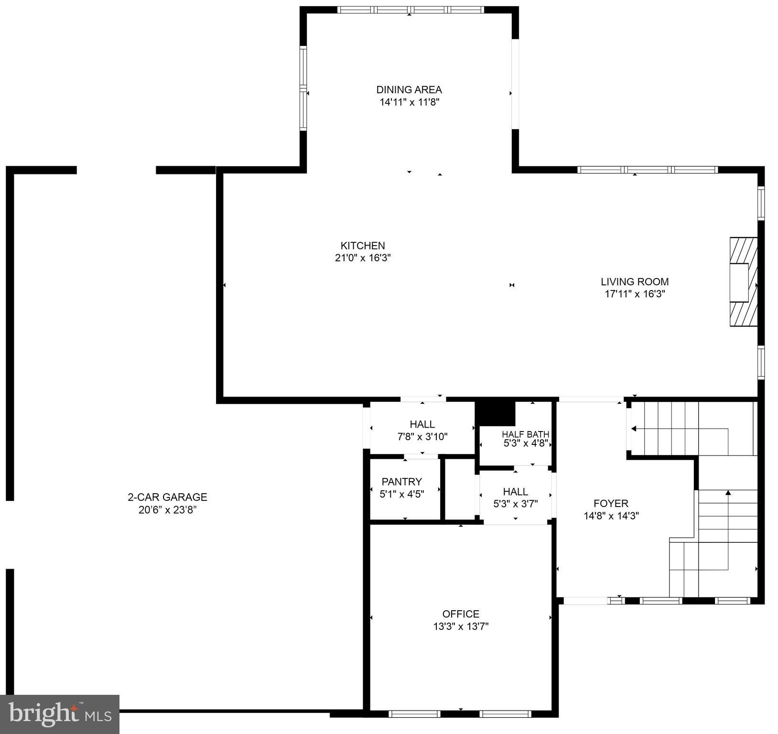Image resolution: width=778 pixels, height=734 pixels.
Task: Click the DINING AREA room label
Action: (x=409, y=89)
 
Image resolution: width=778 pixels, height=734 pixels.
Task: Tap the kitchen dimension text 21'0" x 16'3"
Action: (x=363, y=258)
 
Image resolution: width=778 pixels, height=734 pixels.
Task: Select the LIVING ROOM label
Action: (x=635, y=281)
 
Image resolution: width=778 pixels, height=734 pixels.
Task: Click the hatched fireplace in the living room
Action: (x=743, y=282)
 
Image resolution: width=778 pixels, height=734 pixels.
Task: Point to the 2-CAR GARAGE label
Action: (x=167, y=497)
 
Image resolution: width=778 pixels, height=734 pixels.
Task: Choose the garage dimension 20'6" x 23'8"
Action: (x=167, y=510)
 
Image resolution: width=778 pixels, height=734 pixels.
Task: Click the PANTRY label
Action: (x=401, y=482)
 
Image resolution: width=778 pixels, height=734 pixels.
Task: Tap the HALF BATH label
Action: (x=525, y=434)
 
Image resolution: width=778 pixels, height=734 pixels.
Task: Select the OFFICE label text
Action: (x=461, y=614)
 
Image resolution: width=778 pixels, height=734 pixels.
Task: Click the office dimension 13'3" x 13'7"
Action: (x=461, y=626)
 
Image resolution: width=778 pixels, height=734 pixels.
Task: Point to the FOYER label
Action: (x=611, y=503)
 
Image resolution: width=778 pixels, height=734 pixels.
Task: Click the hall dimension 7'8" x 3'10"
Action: (x=422, y=436)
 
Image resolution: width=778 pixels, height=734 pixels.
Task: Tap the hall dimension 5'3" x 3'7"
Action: (x=515, y=504)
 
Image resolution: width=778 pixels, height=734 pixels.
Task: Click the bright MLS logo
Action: (x=60, y=714)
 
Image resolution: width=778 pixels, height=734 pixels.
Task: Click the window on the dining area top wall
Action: (x=411, y=10)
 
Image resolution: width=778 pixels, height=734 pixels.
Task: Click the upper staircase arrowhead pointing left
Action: (x=634, y=429)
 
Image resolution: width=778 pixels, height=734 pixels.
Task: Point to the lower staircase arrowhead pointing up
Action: (x=728, y=492)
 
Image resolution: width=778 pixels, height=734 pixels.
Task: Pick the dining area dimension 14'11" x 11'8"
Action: (x=409, y=102)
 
